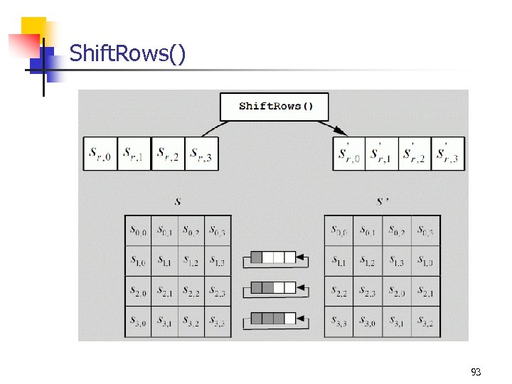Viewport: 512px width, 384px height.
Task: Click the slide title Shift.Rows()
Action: (x=128, y=53)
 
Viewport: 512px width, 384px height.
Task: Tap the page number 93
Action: (x=476, y=372)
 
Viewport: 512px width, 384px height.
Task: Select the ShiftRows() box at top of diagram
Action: (x=275, y=107)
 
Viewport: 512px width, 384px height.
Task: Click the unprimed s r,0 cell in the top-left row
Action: (x=100, y=154)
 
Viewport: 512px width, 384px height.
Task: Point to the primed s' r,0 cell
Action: (x=349, y=154)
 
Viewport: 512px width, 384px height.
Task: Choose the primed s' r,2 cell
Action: (x=415, y=154)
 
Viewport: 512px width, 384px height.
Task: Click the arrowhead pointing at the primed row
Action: (x=341, y=131)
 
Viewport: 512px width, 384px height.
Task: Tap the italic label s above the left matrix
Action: (x=177, y=201)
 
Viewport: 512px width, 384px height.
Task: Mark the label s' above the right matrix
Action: (x=383, y=201)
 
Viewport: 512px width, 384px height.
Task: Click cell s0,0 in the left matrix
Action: (x=138, y=230)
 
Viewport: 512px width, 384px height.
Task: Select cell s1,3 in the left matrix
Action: (x=218, y=261)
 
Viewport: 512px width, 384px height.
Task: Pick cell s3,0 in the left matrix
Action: (x=138, y=322)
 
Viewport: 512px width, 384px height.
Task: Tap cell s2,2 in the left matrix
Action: (x=191, y=292)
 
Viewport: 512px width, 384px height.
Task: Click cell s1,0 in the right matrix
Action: (x=426, y=261)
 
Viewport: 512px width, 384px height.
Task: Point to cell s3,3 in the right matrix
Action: (x=338, y=322)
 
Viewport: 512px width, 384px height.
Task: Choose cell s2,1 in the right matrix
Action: (x=426, y=292)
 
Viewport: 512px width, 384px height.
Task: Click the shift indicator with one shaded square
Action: (x=273, y=257)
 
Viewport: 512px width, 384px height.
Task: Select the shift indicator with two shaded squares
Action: (x=273, y=288)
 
